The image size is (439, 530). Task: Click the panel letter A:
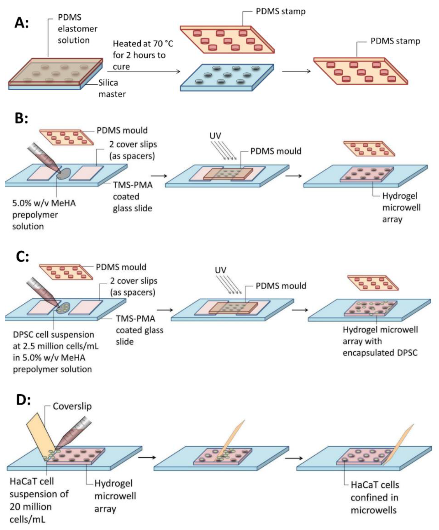(x=22, y=23)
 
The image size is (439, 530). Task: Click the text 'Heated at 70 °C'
(x=143, y=44)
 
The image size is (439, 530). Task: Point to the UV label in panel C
(x=220, y=270)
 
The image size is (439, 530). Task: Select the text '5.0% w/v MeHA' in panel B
(x=44, y=203)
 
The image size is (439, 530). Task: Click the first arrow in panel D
(x=147, y=457)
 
